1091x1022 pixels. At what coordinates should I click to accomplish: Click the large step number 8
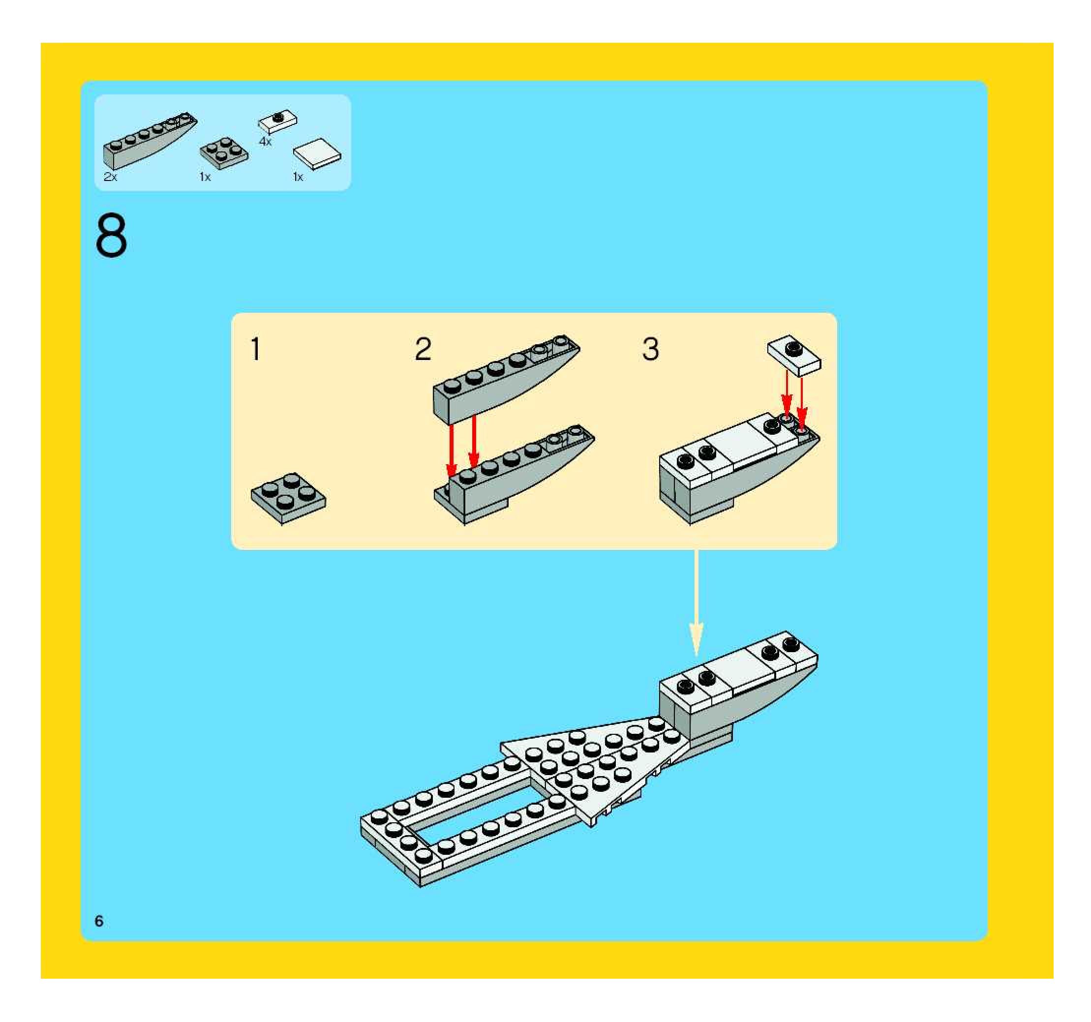111,236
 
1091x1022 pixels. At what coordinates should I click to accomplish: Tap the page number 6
99,921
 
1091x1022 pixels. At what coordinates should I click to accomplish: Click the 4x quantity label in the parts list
265,142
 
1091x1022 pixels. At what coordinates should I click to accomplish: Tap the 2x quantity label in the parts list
110,177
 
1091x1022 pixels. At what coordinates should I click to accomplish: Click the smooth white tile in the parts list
317,153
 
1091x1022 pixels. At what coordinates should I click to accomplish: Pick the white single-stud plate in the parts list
278,122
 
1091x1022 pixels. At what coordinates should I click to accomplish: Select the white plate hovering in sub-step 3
794,355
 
